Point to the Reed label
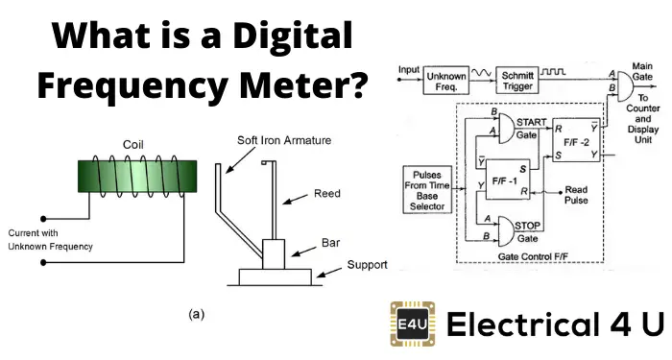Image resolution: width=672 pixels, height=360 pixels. (x=326, y=194)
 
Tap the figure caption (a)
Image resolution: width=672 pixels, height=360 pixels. (x=195, y=313)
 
